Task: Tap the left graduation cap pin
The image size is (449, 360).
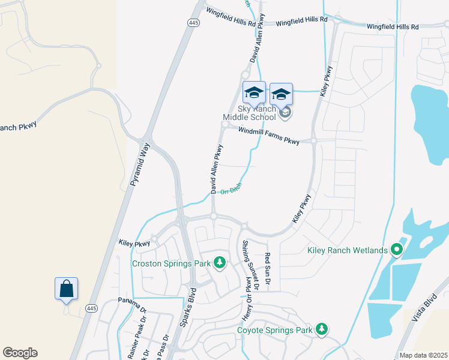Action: click(254, 93)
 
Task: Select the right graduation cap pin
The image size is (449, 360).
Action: click(281, 94)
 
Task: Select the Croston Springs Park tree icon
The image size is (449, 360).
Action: click(220, 262)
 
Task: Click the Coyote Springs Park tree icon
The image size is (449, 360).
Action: click(322, 329)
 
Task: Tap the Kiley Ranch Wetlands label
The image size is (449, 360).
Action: click(343, 250)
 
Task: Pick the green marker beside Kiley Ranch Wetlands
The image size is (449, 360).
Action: click(396, 249)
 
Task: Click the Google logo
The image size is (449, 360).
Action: click(20, 353)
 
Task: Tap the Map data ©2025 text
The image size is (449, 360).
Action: click(423, 355)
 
